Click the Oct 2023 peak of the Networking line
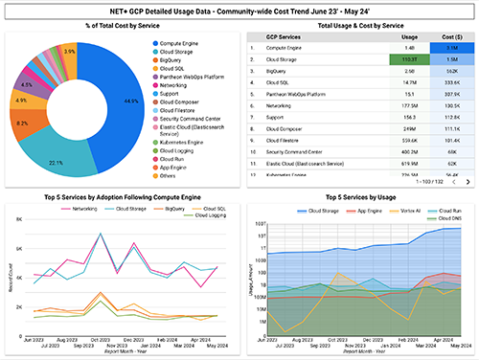99,233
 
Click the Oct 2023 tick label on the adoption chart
99,339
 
